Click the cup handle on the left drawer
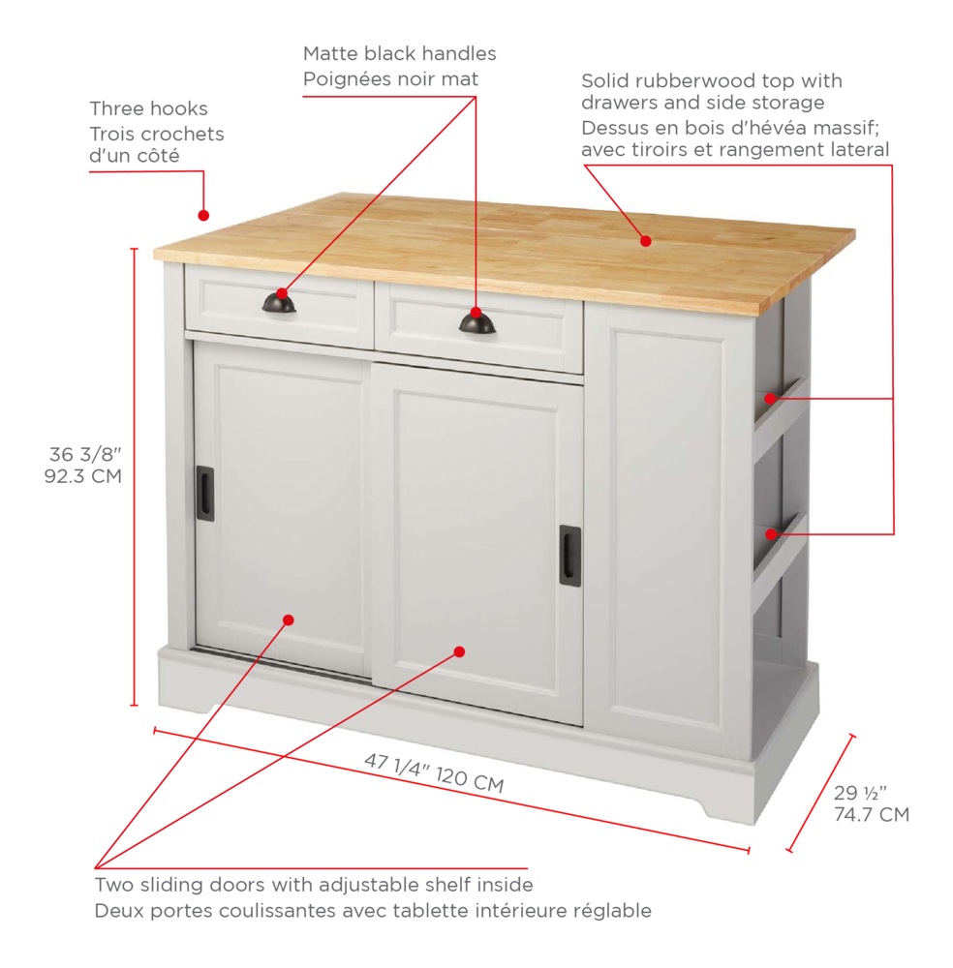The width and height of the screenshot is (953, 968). coord(279,304)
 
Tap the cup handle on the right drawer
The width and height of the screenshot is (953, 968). coord(476,324)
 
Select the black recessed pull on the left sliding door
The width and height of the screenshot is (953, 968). coord(204,494)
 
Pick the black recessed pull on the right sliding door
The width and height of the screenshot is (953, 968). coord(569,555)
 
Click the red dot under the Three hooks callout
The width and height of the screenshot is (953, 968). coord(203,215)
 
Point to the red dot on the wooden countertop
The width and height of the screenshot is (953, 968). coord(645,240)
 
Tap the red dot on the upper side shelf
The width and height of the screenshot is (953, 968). coord(772,397)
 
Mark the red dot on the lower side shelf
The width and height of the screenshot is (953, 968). coord(772,533)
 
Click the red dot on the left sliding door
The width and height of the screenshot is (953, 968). coord(289,620)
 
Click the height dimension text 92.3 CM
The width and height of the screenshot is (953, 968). coord(84,476)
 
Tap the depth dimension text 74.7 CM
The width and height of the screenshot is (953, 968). coord(872,815)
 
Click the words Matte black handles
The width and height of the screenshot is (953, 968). coord(399,54)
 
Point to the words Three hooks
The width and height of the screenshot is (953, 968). coord(148,108)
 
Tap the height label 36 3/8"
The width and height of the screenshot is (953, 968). coord(86,453)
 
